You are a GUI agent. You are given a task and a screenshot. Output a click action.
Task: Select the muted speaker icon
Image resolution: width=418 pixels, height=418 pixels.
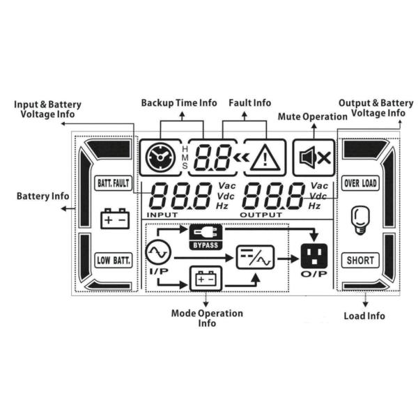(x=313, y=157)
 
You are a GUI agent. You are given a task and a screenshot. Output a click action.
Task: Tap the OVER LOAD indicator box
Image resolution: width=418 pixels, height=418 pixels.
(x=360, y=184)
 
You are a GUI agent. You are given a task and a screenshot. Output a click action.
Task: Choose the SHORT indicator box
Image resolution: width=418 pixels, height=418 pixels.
(x=360, y=261)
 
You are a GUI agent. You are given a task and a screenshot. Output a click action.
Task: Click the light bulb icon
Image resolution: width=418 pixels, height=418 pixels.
(x=359, y=219)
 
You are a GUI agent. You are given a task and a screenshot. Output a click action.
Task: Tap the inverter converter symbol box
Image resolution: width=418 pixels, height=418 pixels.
(x=255, y=258)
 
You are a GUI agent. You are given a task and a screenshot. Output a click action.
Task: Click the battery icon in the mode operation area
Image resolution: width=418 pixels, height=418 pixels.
(x=205, y=280)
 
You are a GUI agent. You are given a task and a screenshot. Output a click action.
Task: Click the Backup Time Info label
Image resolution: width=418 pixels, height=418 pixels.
(x=179, y=102)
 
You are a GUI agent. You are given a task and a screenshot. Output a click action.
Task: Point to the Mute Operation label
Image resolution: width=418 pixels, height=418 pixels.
(x=312, y=116)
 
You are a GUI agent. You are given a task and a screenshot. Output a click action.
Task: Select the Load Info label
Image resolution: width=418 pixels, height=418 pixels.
(x=364, y=316)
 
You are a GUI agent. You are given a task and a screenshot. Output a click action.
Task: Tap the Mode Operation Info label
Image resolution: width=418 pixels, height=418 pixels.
(x=207, y=318)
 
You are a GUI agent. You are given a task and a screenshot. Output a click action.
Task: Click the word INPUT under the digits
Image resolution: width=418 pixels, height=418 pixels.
(x=162, y=215)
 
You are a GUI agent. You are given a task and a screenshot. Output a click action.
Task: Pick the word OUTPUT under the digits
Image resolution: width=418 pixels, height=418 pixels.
(x=261, y=215)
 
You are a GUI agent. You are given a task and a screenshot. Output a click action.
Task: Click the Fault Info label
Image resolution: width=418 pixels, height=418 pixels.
(x=249, y=102)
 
